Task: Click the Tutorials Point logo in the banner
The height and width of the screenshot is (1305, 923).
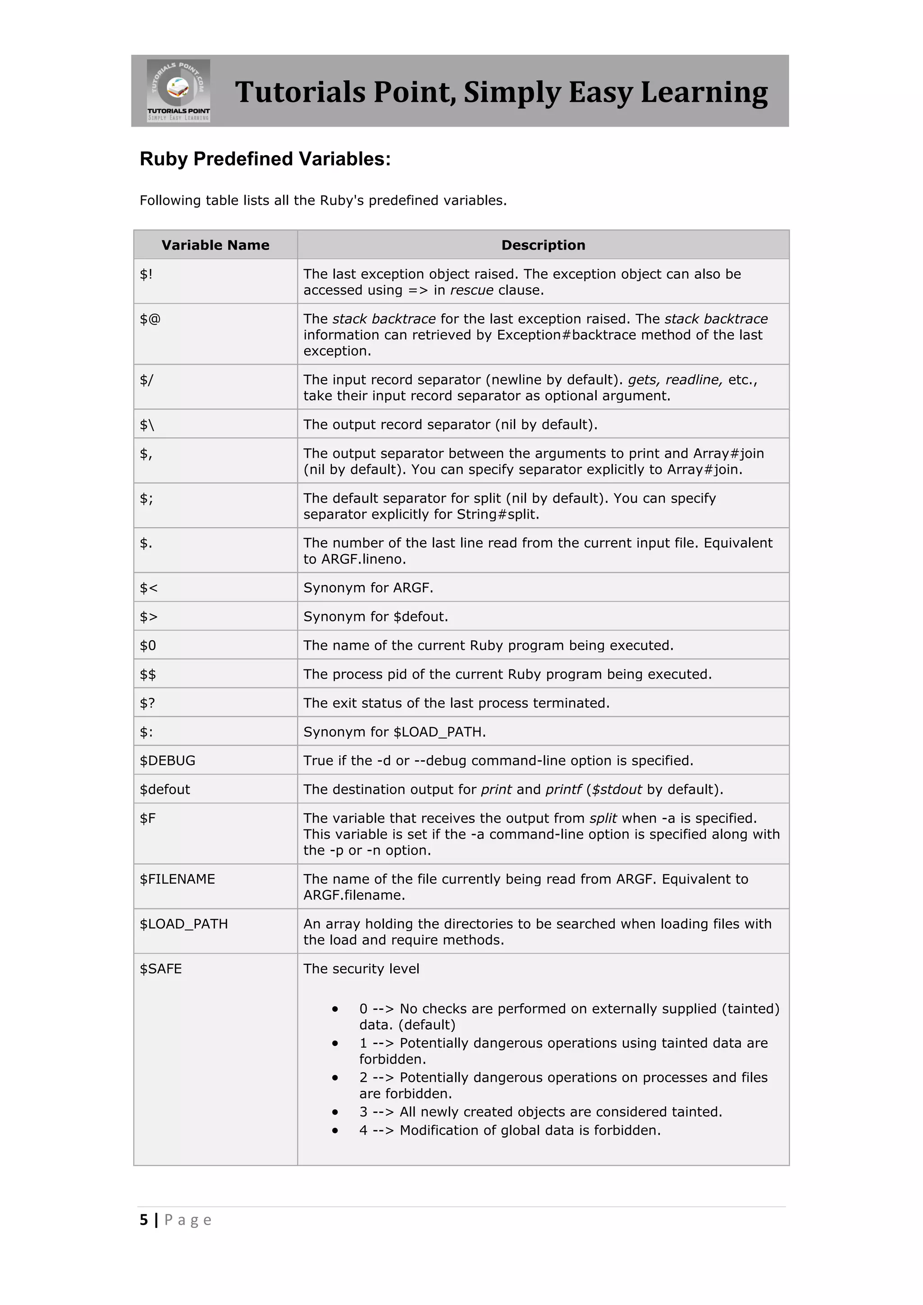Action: click(x=178, y=91)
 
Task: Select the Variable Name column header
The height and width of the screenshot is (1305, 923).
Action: click(x=215, y=245)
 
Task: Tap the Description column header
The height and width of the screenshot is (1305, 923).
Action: click(x=543, y=245)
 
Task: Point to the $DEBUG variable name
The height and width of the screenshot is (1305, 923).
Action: click(x=168, y=761)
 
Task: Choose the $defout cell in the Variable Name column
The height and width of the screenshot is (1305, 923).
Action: click(x=165, y=789)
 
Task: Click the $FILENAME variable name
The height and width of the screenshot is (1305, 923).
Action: click(x=177, y=879)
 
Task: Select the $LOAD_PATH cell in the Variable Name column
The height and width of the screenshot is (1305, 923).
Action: click(x=183, y=924)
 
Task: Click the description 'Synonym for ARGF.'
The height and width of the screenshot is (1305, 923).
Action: click(x=368, y=588)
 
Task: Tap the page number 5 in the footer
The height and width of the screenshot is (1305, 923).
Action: click(x=144, y=1220)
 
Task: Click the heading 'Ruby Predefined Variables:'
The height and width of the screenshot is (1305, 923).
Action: click(x=265, y=159)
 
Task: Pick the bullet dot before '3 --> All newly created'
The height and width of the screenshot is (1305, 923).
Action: click(x=335, y=1112)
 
